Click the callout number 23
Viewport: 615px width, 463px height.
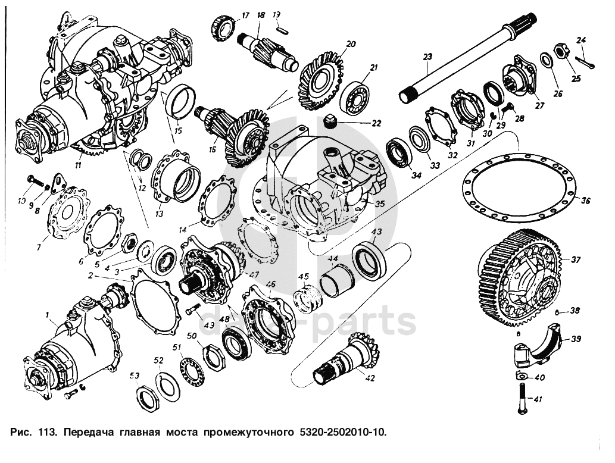[x=426, y=57]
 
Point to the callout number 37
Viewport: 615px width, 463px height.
[x=576, y=259]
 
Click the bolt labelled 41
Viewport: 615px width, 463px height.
[x=522, y=399]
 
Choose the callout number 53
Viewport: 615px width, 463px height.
[x=136, y=376]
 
